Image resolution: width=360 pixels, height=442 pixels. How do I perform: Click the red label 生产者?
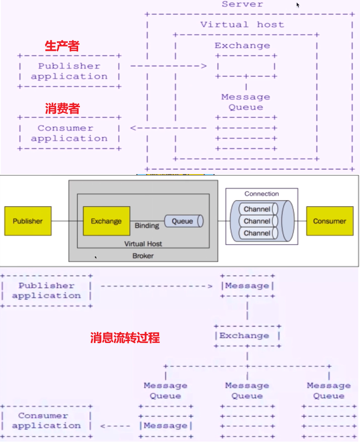click(62, 46)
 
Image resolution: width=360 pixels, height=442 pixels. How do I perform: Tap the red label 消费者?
click(62, 109)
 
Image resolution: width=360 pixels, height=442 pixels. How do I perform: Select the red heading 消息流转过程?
click(125, 337)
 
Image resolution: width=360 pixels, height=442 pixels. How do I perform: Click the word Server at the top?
click(242, 4)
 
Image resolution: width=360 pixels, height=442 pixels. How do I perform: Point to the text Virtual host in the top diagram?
click(242, 25)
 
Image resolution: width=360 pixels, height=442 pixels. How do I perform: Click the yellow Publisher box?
click(28, 221)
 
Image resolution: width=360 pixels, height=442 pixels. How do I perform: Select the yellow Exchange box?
click(106, 221)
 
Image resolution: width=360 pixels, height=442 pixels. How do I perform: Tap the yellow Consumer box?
click(329, 221)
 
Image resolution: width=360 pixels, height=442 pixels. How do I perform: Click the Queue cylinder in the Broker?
click(184, 221)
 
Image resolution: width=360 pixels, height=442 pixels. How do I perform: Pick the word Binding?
click(147, 226)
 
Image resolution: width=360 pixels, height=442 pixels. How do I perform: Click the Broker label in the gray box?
click(143, 256)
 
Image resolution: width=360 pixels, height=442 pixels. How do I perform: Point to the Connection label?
click(261, 194)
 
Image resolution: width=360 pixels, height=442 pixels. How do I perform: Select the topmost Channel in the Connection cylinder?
click(257, 209)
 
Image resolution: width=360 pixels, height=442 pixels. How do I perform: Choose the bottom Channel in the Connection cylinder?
click(257, 233)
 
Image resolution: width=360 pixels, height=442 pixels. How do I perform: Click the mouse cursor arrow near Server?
click(298, 5)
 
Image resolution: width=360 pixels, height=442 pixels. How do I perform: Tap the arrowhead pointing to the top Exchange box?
click(204, 66)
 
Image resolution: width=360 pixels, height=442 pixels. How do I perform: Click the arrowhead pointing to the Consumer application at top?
click(133, 128)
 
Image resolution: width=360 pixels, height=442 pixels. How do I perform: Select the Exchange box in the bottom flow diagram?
click(247, 336)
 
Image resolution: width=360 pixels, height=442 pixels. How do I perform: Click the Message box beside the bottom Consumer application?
click(165, 426)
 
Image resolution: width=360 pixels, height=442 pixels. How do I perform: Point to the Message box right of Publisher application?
click(247, 286)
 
